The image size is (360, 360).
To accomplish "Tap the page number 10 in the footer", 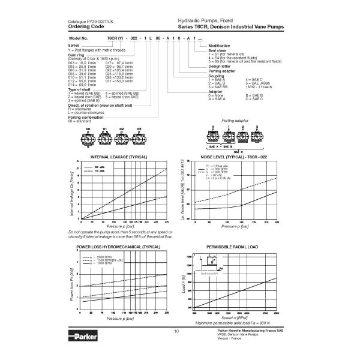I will [x=176, y=331].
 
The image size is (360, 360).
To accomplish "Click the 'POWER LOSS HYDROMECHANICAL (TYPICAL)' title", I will [x=118, y=247].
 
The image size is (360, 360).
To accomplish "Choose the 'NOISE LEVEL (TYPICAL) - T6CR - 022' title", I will [x=234, y=157].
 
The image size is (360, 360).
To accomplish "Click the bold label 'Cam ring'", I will [x=76, y=55].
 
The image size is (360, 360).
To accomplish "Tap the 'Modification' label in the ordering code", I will [x=218, y=46].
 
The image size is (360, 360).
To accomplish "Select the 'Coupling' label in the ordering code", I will [x=217, y=76].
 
